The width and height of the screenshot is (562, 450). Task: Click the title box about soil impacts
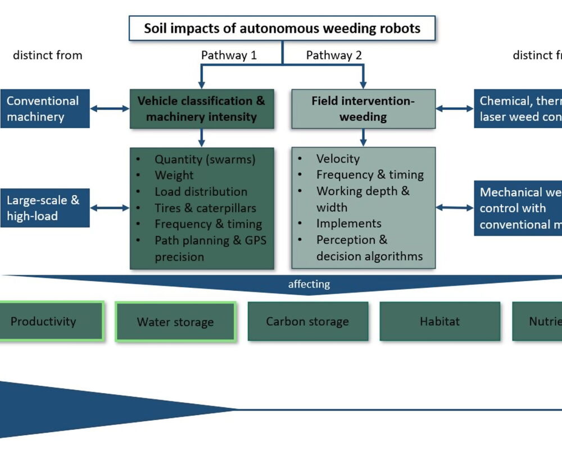pos(282,28)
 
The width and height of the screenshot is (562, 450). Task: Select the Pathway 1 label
pos(229,55)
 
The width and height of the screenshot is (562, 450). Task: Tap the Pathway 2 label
pos(334,55)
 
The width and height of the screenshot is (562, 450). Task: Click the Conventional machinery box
pos(44,109)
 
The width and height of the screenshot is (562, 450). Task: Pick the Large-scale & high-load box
pos(44,208)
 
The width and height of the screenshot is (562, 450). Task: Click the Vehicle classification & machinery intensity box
pos(202,109)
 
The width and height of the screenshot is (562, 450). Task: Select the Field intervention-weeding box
pos(363,109)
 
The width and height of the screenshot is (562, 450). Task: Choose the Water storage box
pos(175,322)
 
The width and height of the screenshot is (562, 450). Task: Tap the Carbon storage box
pos(307,322)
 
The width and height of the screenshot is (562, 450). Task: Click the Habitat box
pos(439,322)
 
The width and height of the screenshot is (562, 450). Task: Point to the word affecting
pos(309,284)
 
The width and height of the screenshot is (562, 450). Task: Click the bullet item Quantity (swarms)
pos(205,159)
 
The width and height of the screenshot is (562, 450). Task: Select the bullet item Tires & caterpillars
pos(205,208)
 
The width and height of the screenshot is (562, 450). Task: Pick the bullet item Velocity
pos(337,159)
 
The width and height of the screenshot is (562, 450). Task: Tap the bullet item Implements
pos(348,223)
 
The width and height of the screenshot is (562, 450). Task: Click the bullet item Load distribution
pos(201,192)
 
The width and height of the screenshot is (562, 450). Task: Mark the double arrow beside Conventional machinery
pos(110,109)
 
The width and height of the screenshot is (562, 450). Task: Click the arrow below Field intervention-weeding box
pos(363,137)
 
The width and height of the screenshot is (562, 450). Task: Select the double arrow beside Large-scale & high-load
pos(110,208)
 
